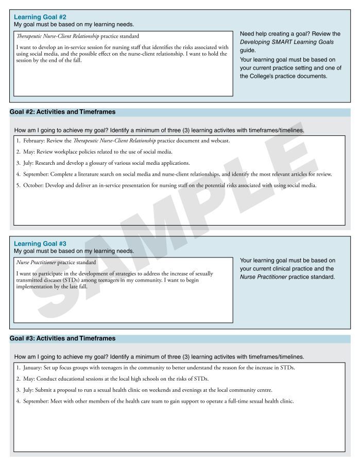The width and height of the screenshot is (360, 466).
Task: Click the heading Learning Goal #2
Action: [x=40, y=17]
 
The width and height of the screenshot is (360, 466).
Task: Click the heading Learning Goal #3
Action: [x=40, y=244]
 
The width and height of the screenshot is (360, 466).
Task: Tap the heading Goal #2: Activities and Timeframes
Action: [x=62, y=112]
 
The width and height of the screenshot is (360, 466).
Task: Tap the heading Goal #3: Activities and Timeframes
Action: [x=62, y=338]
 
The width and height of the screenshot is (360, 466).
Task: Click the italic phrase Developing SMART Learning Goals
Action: [x=287, y=42]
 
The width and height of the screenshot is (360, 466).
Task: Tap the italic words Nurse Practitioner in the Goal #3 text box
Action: [x=36, y=263]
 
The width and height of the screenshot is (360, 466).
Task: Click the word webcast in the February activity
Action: [x=220, y=141]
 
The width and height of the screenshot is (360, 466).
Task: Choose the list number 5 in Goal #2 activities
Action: [x=18, y=185]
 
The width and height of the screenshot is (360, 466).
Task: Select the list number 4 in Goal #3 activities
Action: [x=18, y=401]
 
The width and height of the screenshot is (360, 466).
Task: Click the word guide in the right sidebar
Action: [x=247, y=50]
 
